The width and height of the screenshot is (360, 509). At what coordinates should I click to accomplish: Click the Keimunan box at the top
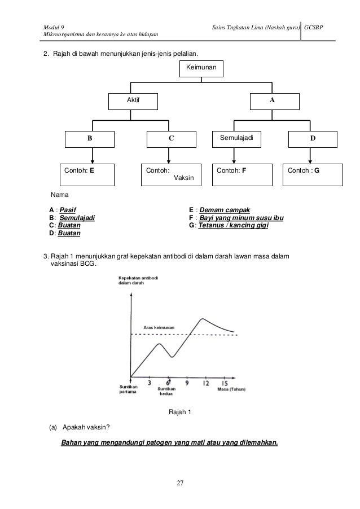pos(201,68)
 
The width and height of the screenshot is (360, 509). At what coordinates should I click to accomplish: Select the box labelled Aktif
pos(133,101)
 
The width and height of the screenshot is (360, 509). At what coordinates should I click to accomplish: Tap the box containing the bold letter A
pos(275,101)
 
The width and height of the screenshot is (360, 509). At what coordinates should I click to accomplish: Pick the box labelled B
pos(90,139)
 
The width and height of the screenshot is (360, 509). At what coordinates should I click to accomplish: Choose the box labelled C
pos(172,139)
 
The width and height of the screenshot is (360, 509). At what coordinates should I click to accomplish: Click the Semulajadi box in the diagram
pos(236,139)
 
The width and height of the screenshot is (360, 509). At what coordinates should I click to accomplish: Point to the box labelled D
pos(313,139)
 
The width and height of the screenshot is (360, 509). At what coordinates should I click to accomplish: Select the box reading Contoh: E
pos(87,174)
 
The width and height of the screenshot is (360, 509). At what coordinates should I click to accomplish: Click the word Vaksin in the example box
pos(184,178)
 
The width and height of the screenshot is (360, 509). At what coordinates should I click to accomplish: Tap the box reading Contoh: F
pos(242,174)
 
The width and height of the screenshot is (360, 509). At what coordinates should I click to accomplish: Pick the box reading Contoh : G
pos(313,174)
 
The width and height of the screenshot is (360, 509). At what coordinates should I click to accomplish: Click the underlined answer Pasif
pos(68,210)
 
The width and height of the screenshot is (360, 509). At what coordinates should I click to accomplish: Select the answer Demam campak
pos(225,210)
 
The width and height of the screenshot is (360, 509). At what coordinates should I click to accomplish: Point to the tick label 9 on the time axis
pos(187,383)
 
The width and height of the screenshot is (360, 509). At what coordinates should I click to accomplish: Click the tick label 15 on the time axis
pos(225,383)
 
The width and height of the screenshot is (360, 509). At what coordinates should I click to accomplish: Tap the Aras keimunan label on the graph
pos(159,327)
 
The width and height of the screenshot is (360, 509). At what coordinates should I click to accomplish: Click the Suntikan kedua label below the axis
pos(166,391)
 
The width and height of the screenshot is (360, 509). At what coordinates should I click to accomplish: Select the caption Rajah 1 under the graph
pos(180,412)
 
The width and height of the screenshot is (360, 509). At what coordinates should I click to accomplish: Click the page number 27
pos(180,483)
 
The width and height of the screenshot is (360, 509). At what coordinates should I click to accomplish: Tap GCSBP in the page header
pos(314,28)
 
